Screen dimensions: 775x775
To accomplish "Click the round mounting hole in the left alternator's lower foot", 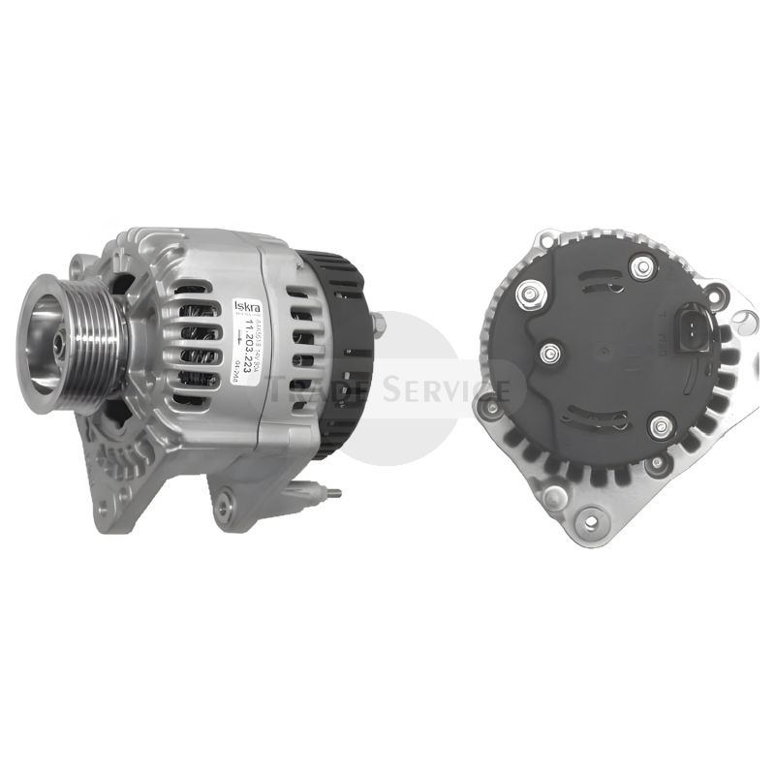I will (x=225, y=501).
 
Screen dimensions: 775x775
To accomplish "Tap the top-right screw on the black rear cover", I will (x=638, y=266).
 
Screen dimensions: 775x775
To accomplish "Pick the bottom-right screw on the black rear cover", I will (x=662, y=424).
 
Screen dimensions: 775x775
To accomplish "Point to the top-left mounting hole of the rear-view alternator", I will (x=547, y=238).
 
